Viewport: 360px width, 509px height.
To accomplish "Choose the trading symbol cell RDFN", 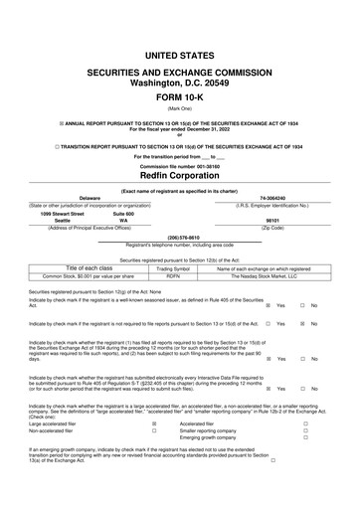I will click(x=173, y=276).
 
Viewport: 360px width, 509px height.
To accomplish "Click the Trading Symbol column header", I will click(x=173, y=268).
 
